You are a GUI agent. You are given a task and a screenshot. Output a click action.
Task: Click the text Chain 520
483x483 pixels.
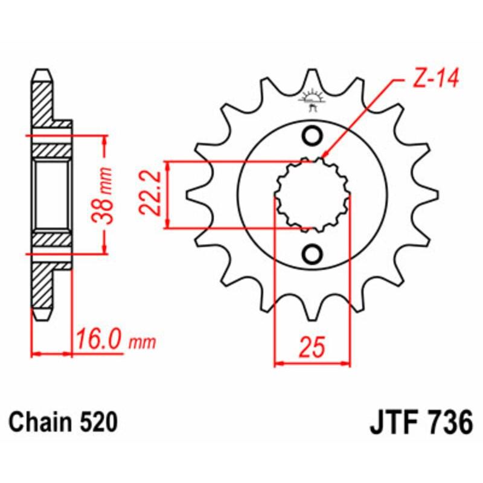pyautogui.click(x=63, y=423)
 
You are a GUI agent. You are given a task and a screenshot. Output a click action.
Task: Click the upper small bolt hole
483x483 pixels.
pyautogui.click(x=313, y=137)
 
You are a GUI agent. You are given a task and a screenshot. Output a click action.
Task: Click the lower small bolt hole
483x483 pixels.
pyautogui.click(x=313, y=254)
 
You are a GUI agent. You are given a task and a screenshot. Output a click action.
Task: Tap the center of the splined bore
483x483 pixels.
pyautogui.click(x=313, y=195)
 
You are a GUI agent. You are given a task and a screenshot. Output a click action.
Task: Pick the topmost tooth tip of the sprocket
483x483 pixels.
pyautogui.click(x=313, y=71)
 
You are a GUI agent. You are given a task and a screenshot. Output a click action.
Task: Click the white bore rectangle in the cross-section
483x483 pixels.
pyautogui.click(x=51, y=195)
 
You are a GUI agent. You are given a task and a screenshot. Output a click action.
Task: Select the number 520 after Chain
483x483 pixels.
pyautogui.click(x=97, y=423)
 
